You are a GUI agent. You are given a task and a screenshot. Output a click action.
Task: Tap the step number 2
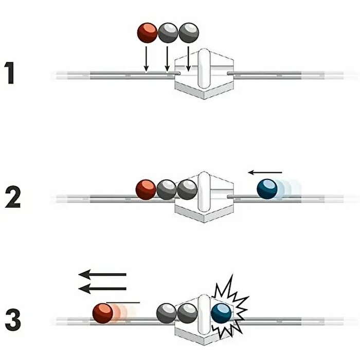click(x=13, y=196)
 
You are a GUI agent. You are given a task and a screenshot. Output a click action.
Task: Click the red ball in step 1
click(x=148, y=32)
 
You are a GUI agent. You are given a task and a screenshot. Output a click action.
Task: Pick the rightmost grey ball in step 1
click(x=188, y=32)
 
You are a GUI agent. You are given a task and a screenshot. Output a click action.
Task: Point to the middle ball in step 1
click(x=168, y=32)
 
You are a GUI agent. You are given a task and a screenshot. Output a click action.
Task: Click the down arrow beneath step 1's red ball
click(x=146, y=59)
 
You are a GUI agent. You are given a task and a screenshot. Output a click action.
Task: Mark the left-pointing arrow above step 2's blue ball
click(x=265, y=172)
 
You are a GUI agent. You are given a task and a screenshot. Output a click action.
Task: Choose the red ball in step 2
click(x=146, y=190)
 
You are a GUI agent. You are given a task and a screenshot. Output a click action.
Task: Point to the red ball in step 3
click(x=103, y=313)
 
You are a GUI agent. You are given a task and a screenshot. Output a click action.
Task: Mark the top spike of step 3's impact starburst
click(x=230, y=278)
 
